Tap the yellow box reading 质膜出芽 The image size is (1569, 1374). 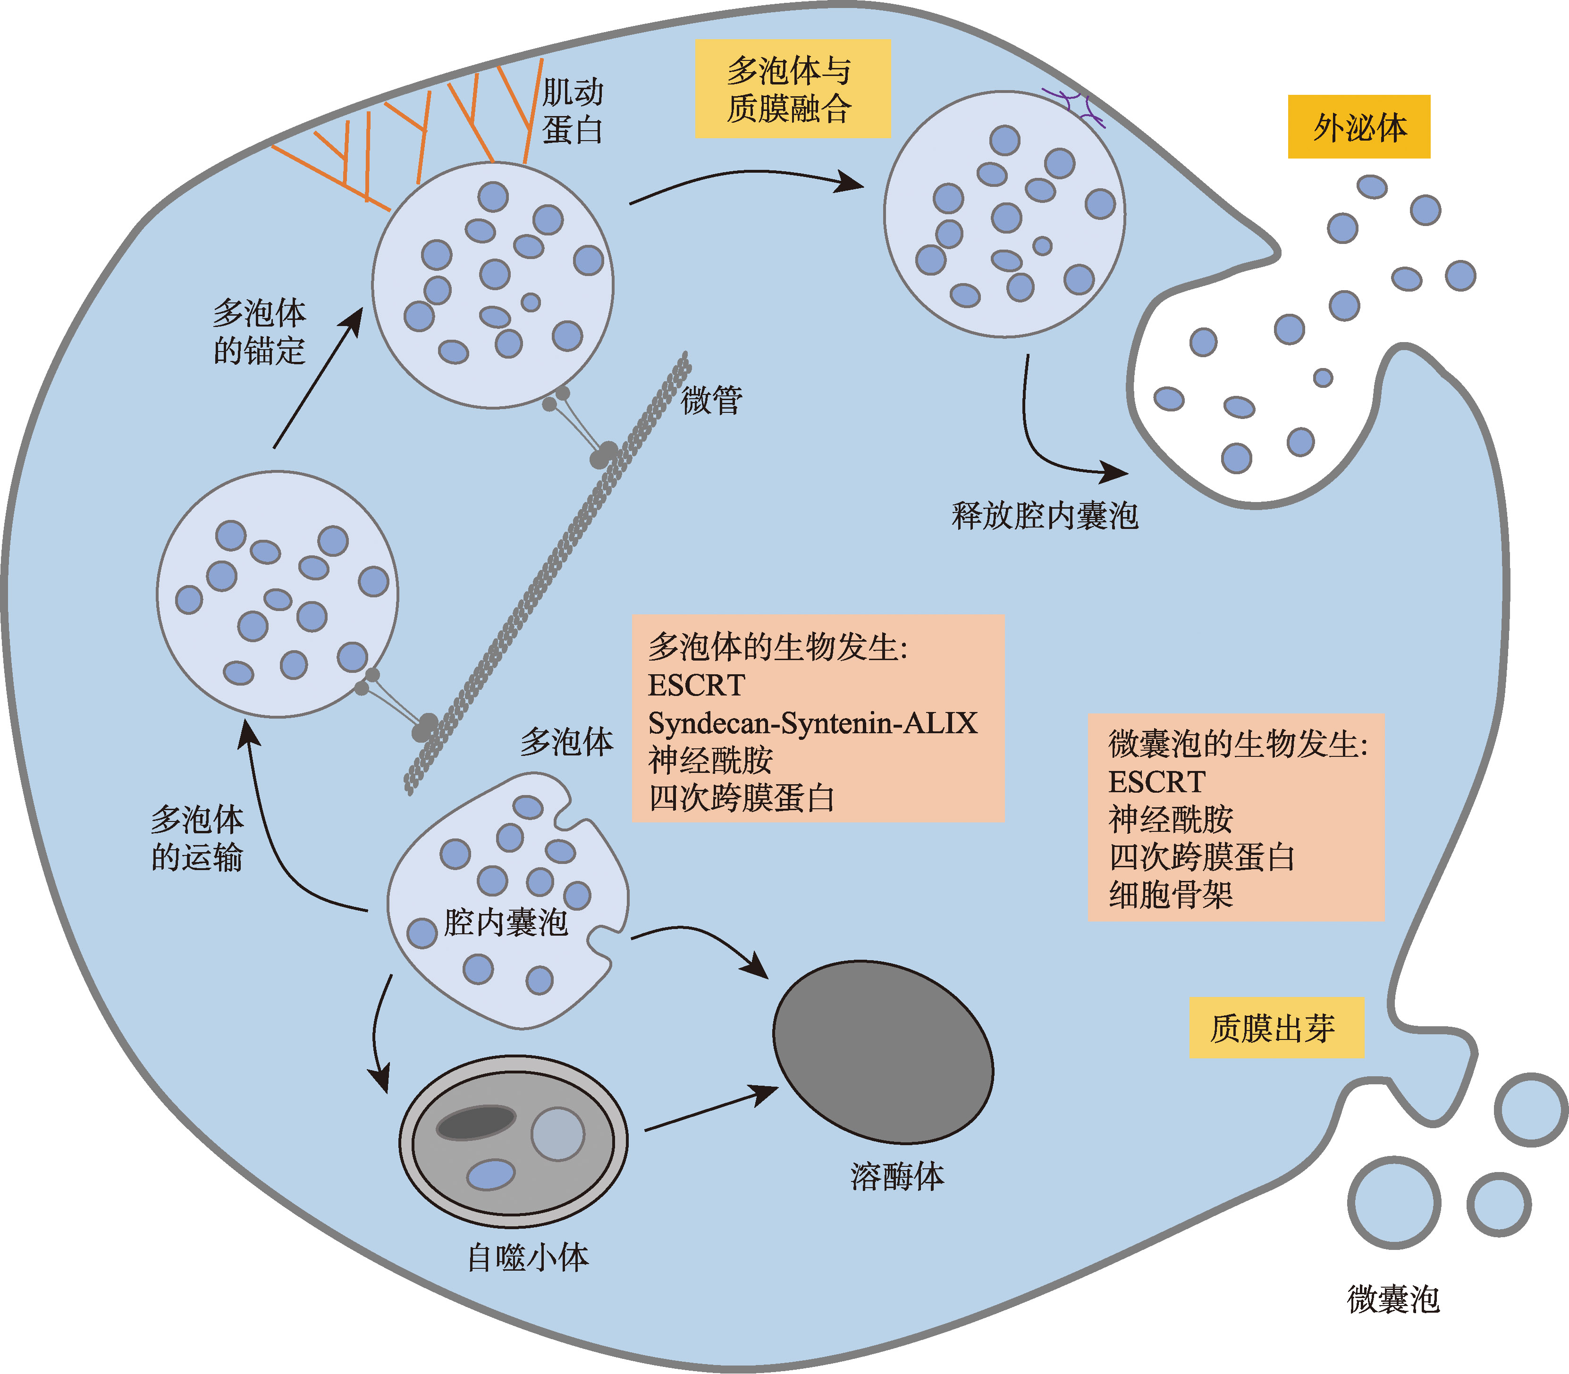[x=1276, y=1028]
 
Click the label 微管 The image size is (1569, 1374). [x=712, y=400]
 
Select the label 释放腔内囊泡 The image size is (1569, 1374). [x=1045, y=515]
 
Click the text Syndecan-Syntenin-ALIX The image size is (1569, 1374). [x=813, y=723]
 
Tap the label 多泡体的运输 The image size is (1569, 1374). [x=197, y=838]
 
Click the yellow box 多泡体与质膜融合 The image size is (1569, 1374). [x=792, y=89]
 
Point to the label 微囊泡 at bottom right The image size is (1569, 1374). [x=1393, y=1299]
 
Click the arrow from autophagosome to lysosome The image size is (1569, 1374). [x=709, y=1109]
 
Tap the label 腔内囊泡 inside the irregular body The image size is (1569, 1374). [x=506, y=922]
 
